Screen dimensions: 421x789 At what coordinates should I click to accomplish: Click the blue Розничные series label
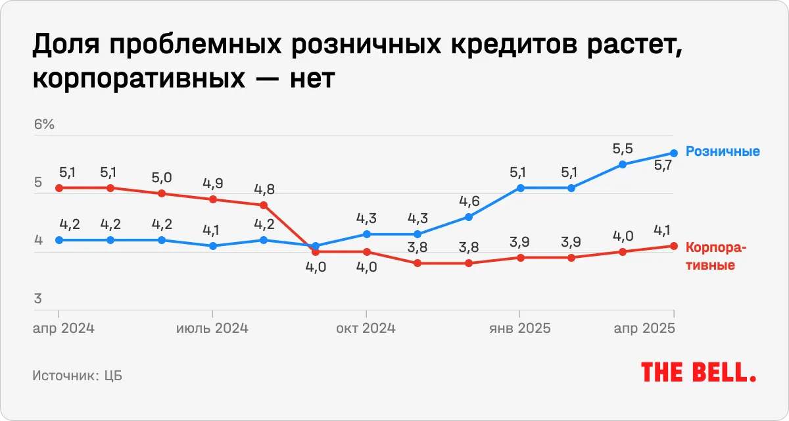tap(723, 151)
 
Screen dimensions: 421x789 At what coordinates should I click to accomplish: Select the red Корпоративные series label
tap(716, 257)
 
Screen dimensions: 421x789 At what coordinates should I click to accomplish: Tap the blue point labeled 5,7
tap(674, 153)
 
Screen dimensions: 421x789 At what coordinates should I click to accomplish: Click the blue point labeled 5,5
tap(623, 164)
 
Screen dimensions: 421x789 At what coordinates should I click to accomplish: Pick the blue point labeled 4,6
tap(469, 216)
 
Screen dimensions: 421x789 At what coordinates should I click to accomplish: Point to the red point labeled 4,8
tap(264, 205)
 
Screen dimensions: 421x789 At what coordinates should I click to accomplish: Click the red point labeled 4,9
tap(212, 199)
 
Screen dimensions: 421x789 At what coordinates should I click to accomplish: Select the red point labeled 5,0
tap(162, 193)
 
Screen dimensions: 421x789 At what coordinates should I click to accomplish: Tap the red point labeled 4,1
tap(674, 246)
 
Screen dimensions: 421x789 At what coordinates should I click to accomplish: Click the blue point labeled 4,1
tap(212, 246)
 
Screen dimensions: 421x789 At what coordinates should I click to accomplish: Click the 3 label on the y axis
tap(38, 299)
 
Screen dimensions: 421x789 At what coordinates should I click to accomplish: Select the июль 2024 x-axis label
tap(212, 328)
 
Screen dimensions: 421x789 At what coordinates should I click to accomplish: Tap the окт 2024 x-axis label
tap(366, 328)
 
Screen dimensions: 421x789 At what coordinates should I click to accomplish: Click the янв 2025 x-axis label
tap(519, 328)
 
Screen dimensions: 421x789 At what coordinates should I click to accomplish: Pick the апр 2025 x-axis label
tap(644, 328)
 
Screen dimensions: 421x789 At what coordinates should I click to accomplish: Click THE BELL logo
tap(698, 373)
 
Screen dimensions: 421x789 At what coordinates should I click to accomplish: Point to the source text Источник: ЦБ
tap(77, 376)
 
